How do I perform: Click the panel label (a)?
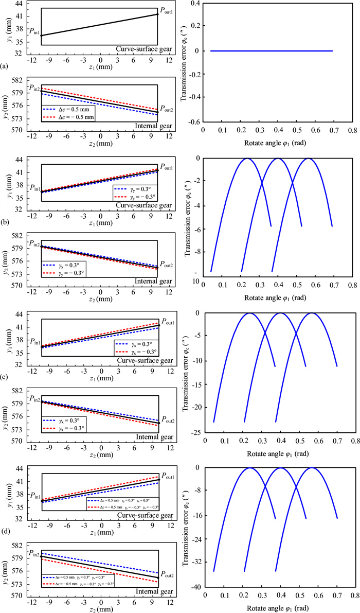[x=5, y=66]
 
